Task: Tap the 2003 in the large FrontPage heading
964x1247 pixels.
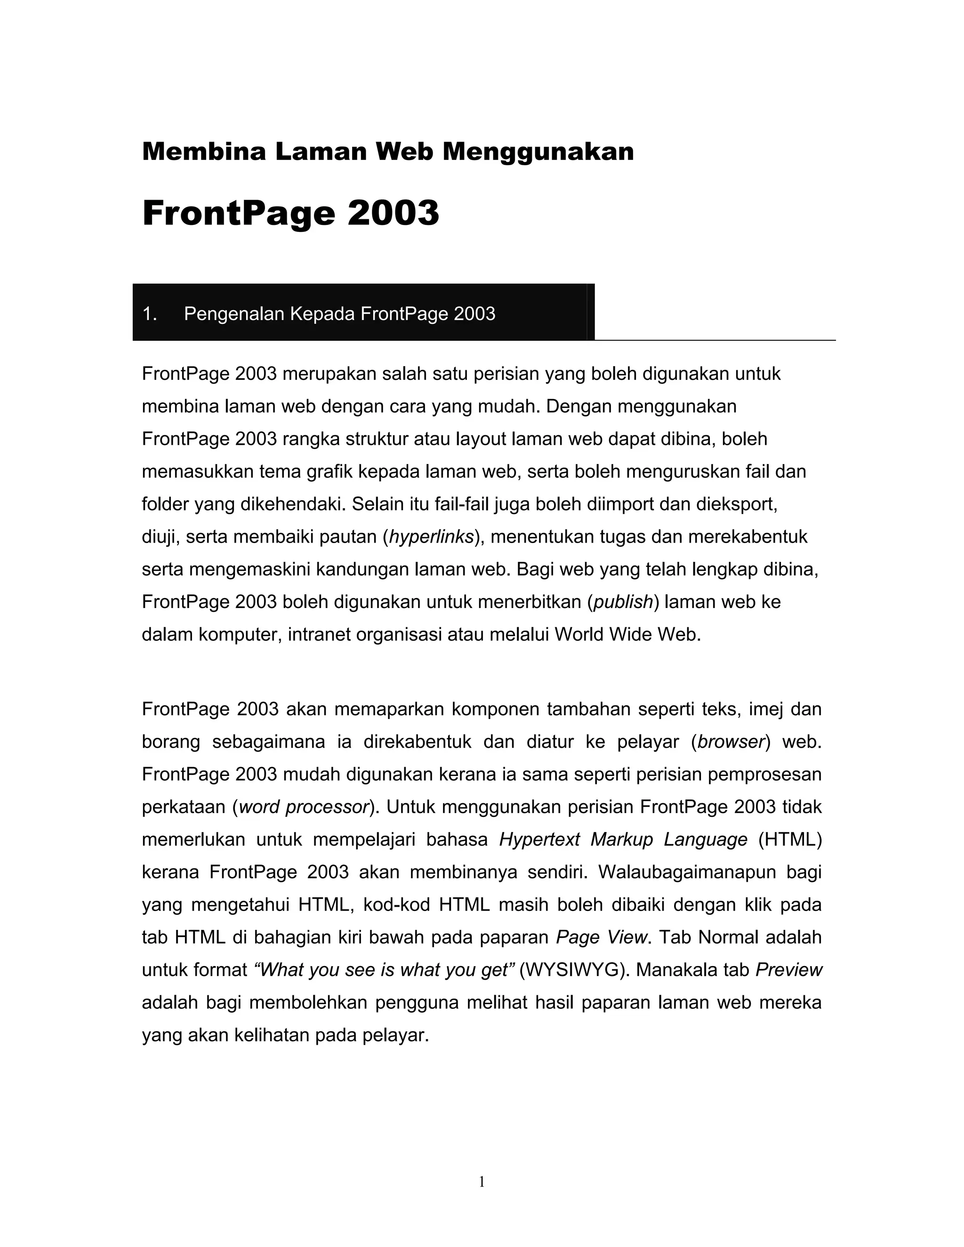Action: click(x=393, y=213)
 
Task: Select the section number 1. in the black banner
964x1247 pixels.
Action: click(x=150, y=314)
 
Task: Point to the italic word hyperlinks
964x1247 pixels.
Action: click(x=431, y=537)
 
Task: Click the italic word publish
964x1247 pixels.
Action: click(x=623, y=602)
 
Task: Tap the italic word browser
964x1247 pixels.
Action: click(x=731, y=742)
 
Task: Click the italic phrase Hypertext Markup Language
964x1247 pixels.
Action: click(x=623, y=840)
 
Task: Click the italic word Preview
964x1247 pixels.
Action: click(x=789, y=970)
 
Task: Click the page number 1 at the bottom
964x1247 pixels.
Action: click(x=482, y=1182)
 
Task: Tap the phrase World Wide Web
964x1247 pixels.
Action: click(x=627, y=635)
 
